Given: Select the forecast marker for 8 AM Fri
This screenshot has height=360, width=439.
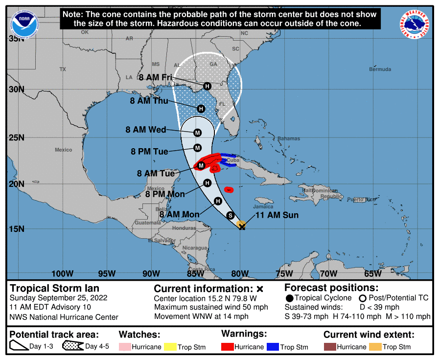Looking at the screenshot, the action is pyautogui.click(x=207, y=86).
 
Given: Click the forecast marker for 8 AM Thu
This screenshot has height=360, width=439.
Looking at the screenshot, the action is pyautogui.click(x=201, y=109).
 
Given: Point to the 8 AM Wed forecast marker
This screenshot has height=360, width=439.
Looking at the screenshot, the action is pyautogui.click(x=198, y=133).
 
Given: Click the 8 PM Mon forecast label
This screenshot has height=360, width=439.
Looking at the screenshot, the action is pyautogui.click(x=165, y=194).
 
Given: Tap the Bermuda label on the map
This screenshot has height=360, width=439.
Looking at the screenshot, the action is pyautogui.click(x=380, y=69).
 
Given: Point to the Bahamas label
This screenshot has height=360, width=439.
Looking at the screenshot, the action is pyautogui.click(x=288, y=138).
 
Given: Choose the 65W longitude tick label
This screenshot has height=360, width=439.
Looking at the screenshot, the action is pyautogui.click(x=372, y=273).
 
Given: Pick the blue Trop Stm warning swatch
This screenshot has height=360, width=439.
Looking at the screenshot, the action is pyautogui.click(x=272, y=347).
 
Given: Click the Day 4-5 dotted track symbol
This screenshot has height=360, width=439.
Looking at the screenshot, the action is pyautogui.click(x=72, y=347).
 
